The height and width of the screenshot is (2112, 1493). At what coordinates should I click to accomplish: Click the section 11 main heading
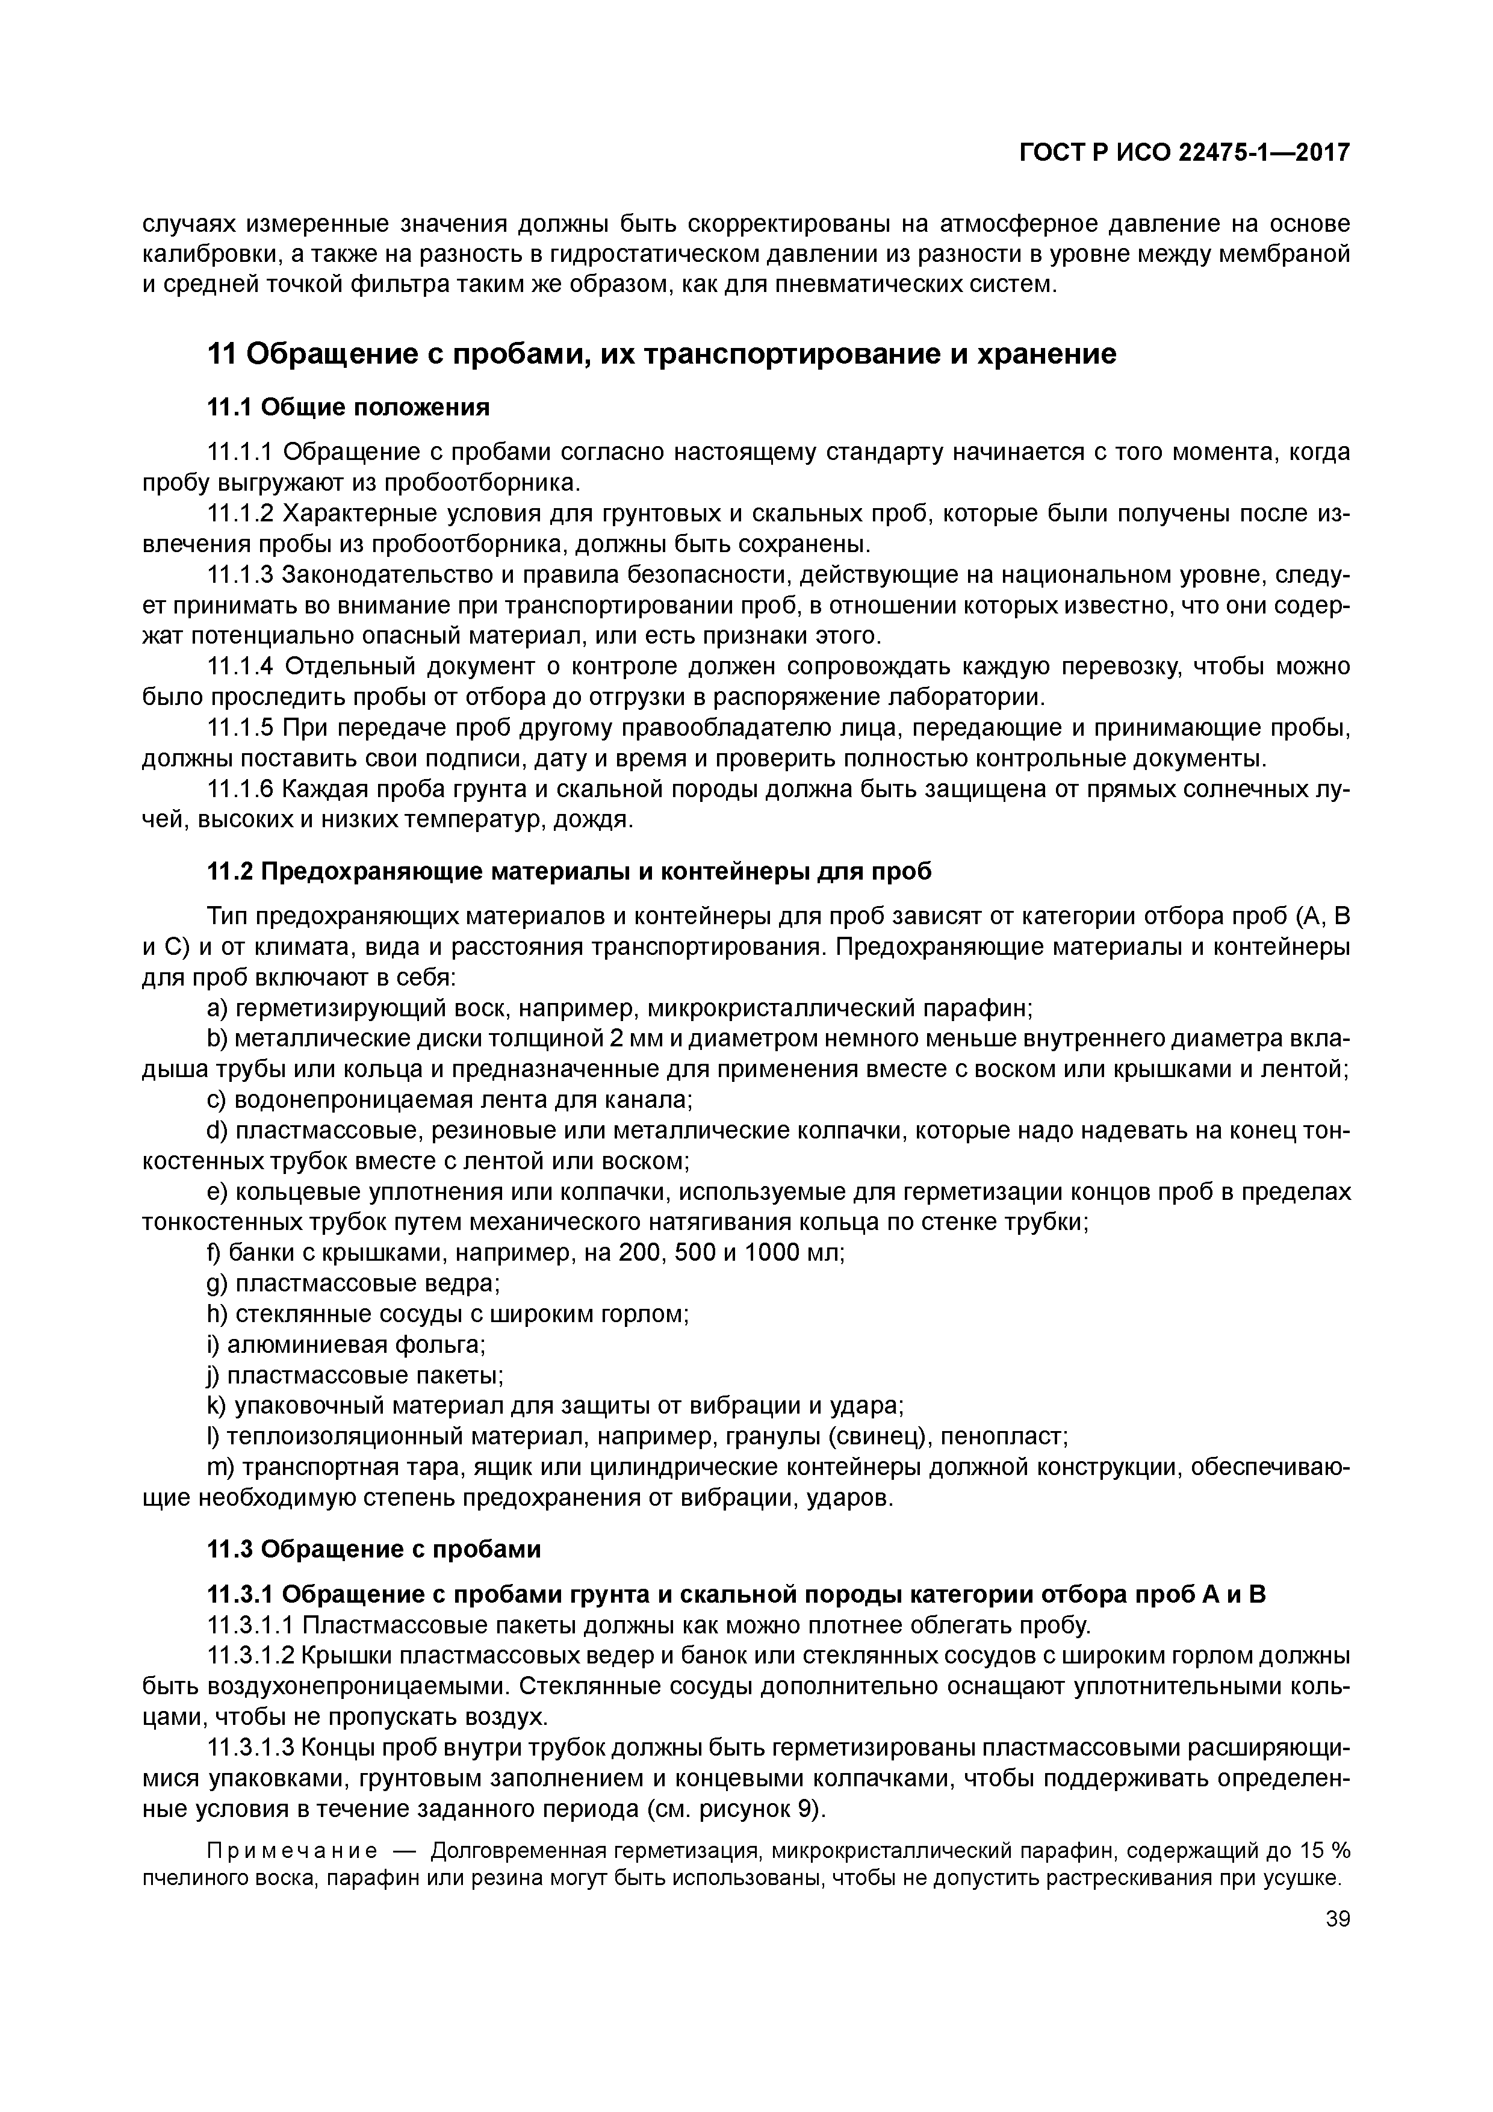(x=662, y=354)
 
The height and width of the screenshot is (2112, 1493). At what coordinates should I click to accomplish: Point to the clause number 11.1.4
(x=241, y=666)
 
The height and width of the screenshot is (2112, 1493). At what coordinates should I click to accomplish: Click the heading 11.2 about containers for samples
(x=568, y=871)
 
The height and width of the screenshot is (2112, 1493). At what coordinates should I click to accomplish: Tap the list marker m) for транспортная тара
(x=219, y=1467)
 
